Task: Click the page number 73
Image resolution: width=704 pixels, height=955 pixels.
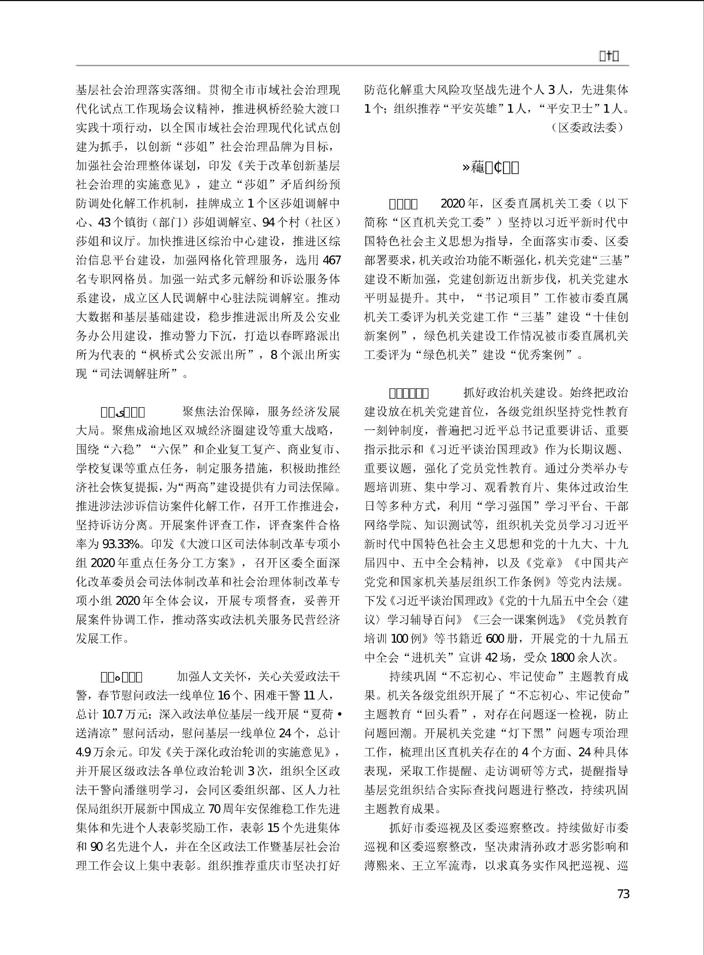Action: tap(623, 894)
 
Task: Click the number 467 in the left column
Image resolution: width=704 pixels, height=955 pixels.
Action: tap(331, 260)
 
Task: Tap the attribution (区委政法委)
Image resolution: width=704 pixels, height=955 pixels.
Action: tap(587, 128)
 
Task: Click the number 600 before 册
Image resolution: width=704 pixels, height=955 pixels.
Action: tap(495, 639)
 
